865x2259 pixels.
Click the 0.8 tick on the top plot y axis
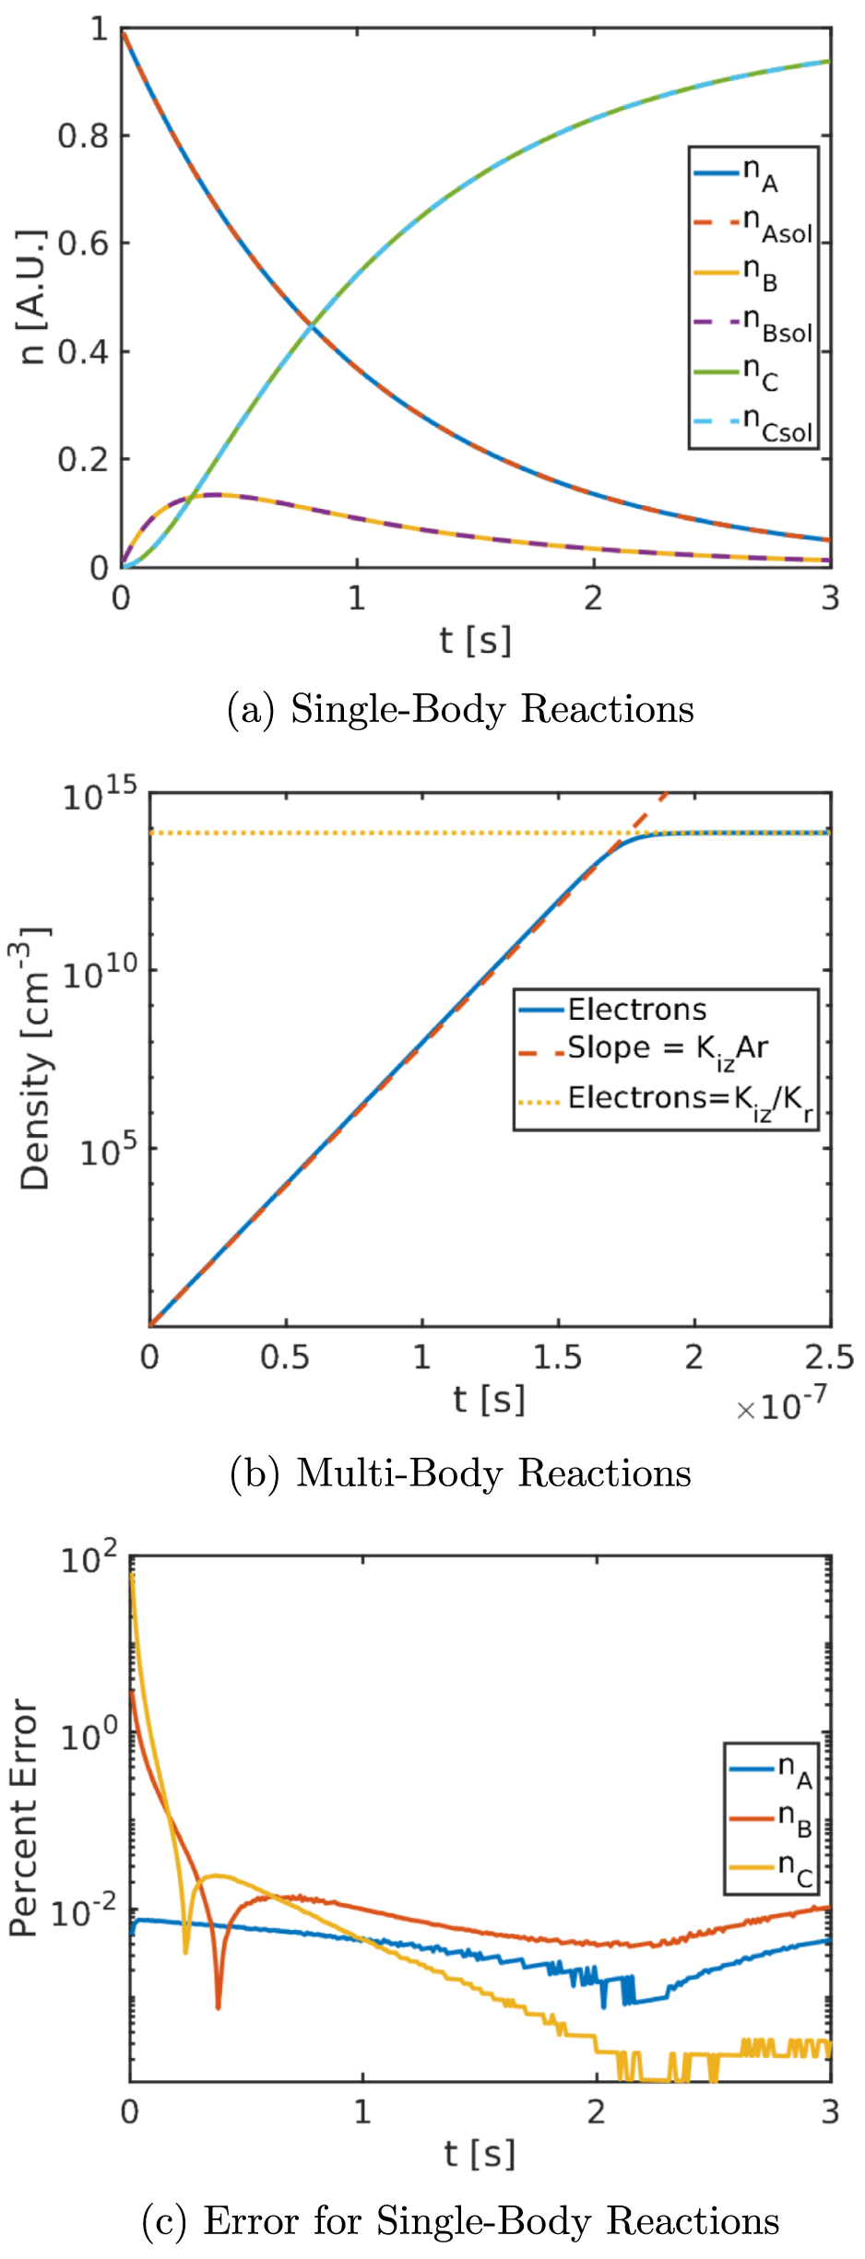click(83, 136)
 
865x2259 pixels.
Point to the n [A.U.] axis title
click(33, 297)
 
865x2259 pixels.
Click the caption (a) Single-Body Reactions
click(460, 709)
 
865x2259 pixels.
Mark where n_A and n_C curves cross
click(312, 325)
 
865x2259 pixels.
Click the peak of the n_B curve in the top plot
click(217, 495)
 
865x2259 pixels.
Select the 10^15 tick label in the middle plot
click(100, 795)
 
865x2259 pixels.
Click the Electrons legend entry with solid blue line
click(636, 1010)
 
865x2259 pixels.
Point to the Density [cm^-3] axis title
click(35, 1058)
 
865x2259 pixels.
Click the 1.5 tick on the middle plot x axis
click(557, 1357)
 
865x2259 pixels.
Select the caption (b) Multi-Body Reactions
click(460, 1472)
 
